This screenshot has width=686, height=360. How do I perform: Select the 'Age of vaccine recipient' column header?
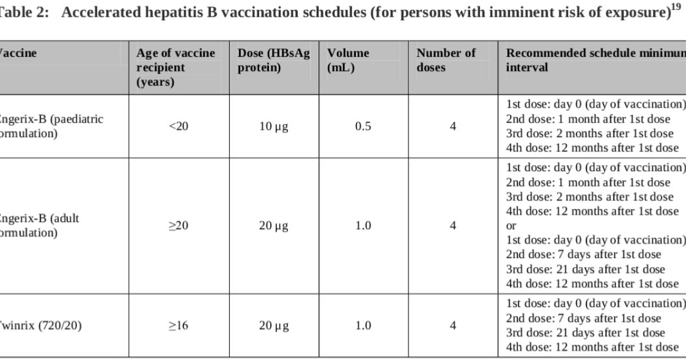click(176, 67)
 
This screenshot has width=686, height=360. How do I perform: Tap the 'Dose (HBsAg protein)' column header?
click(273, 61)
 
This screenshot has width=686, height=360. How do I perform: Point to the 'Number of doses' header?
click(446, 61)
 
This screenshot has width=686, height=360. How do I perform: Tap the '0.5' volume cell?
click(364, 127)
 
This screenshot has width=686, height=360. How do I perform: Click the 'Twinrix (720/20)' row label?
click(40, 326)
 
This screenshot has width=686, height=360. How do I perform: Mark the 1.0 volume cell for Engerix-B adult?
click(364, 226)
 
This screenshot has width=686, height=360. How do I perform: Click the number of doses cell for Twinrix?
click(453, 326)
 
